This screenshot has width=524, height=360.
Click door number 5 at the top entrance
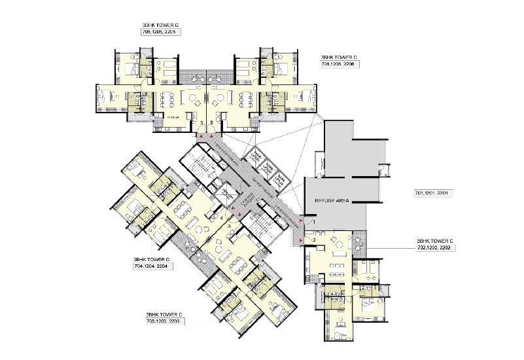click(201, 122)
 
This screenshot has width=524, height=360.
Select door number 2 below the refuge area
click(313, 240)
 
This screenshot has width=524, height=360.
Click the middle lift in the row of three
click(267, 170)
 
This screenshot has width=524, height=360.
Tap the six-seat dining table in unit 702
click(336, 265)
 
